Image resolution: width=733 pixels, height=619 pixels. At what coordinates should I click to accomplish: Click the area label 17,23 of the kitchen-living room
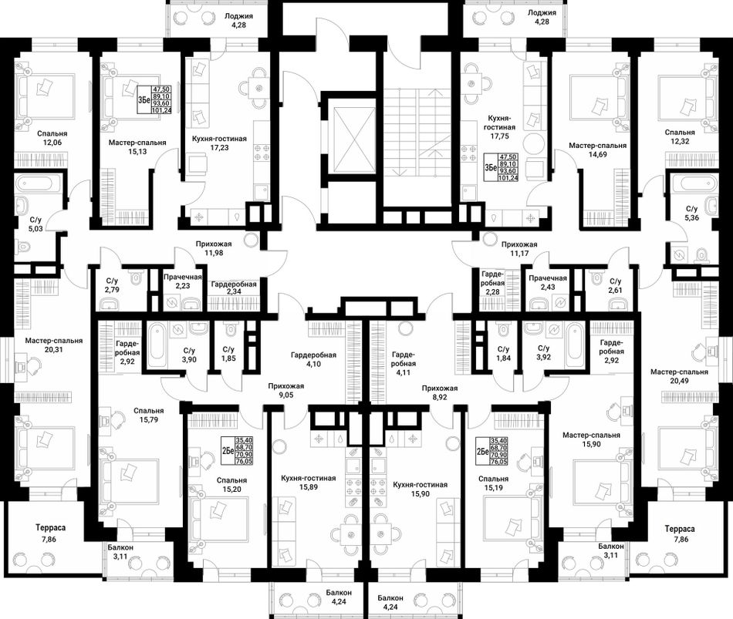click(219, 148)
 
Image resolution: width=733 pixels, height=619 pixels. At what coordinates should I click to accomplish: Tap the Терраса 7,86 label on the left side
click(50, 533)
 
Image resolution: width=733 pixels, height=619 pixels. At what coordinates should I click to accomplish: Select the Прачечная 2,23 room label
click(183, 281)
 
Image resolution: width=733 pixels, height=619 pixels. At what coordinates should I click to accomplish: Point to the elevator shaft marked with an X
click(353, 139)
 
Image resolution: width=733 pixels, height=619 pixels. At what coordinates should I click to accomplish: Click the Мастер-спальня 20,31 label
click(54, 345)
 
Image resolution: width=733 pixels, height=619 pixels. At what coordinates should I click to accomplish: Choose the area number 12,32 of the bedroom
click(680, 140)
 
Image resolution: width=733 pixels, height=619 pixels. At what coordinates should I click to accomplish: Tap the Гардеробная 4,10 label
click(313, 359)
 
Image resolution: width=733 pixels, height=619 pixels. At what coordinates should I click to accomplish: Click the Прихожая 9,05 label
click(286, 391)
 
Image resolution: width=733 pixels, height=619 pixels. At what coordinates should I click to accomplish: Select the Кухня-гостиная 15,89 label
click(309, 483)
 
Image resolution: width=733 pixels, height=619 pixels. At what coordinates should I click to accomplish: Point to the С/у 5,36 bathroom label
click(692, 213)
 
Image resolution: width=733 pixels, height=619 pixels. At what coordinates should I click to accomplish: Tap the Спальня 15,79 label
click(149, 415)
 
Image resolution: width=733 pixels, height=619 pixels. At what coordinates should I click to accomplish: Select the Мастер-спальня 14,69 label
click(597, 150)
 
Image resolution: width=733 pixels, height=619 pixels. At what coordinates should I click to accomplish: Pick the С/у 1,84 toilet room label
click(504, 354)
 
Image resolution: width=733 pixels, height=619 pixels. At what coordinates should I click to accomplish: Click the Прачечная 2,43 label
click(548, 282)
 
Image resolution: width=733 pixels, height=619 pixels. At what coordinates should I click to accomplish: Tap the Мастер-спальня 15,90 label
click(591, 439)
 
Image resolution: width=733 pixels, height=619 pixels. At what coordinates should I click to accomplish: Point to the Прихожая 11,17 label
click(519, 248)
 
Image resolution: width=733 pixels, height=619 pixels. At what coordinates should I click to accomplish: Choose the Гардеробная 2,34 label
click(234, 288)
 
